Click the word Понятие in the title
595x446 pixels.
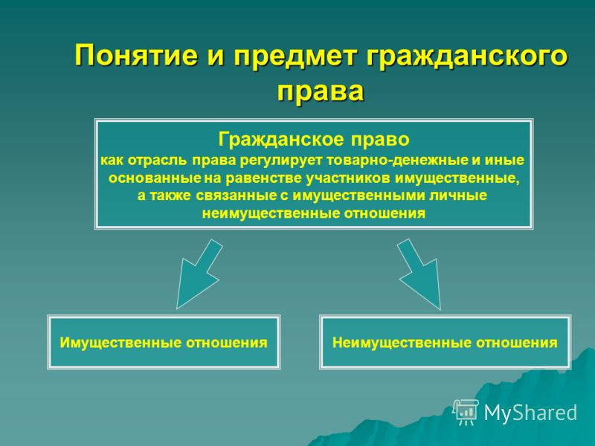136,55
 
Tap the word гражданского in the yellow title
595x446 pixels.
467,57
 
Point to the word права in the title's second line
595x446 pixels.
321,91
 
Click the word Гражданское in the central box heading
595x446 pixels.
282,139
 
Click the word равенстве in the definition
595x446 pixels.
265,178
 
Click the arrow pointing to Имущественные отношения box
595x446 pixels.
198,274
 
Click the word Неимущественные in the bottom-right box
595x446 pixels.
402,343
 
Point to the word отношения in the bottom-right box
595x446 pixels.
517,343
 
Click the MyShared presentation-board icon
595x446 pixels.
466,413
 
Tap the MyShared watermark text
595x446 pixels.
530,413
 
